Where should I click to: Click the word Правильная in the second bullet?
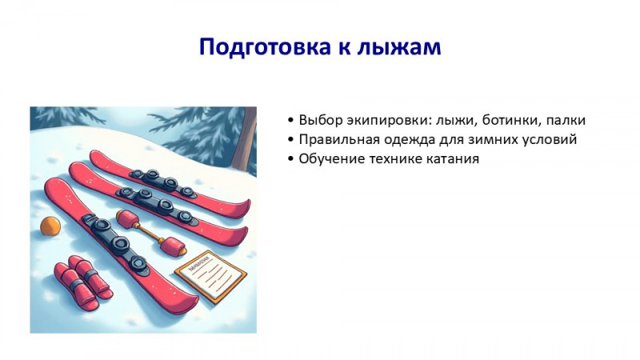coord(335,140)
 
